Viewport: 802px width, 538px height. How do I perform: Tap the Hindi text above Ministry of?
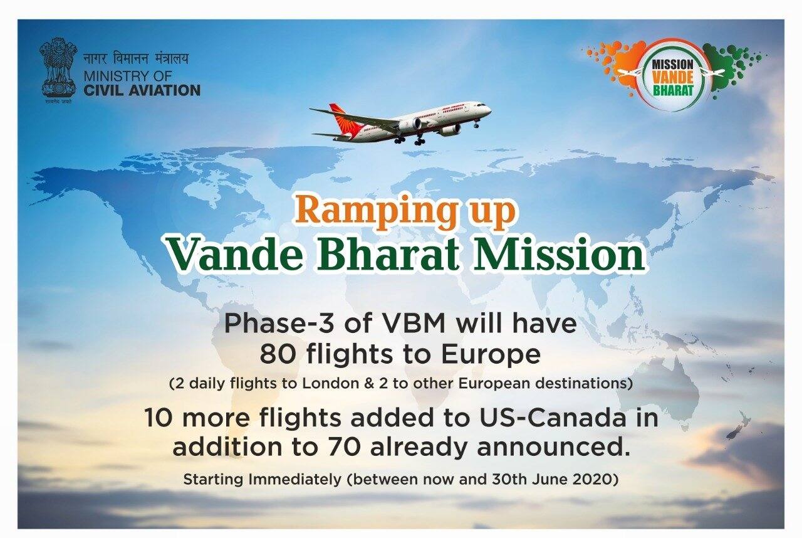136,59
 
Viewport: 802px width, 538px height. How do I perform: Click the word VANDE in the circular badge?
673,77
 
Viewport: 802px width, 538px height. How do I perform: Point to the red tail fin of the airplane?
339,119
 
